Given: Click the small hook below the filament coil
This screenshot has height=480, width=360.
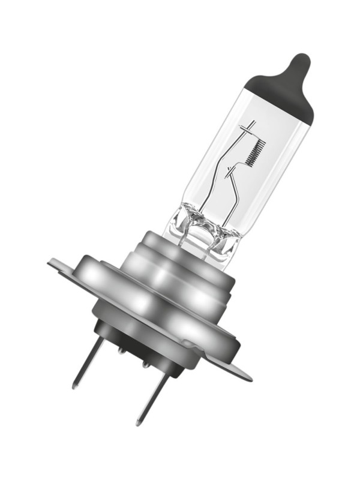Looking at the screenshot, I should click(x=230, y=175).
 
